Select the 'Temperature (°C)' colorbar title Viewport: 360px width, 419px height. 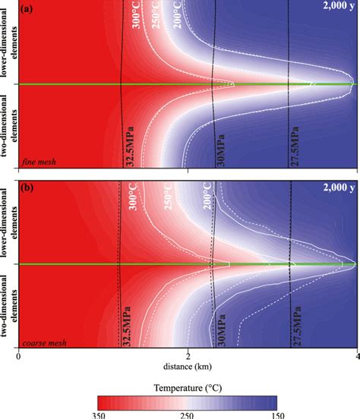point(186,387)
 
